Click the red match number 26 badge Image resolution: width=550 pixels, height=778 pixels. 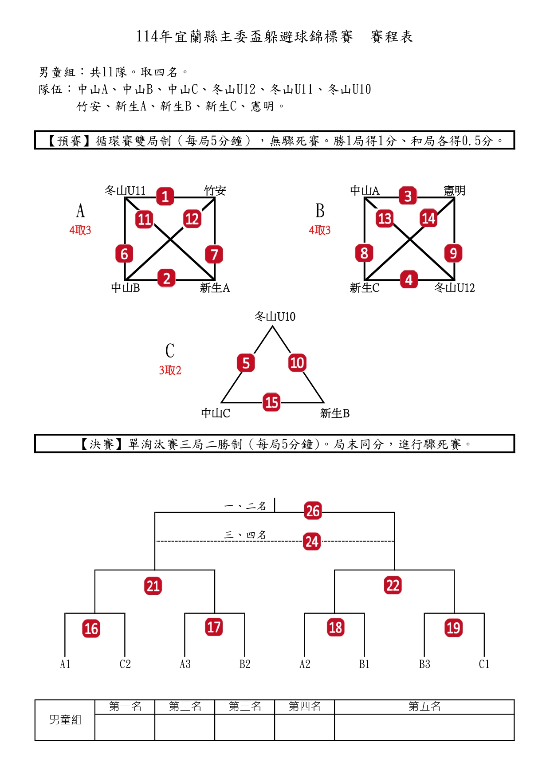(313, 511)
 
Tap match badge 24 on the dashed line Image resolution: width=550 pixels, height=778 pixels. (312, 542)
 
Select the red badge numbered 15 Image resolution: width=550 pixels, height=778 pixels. (271, 402)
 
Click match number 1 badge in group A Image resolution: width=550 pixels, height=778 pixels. (165, 196)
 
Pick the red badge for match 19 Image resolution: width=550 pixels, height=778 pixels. (453, 628)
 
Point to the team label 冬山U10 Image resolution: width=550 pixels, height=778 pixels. (275, 317)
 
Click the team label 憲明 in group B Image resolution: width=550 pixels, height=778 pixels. (455, 191)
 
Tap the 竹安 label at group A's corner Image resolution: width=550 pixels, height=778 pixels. (215, 191)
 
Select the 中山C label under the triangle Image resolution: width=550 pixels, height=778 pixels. (216, 413)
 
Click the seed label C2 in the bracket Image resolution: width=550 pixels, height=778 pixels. (125, 664)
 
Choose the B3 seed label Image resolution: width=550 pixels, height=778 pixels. (424, 664)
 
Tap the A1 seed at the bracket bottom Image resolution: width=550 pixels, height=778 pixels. (65, 664)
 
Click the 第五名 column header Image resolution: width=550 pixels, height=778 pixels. (424, 707)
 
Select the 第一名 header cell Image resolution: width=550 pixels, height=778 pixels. (125, 707)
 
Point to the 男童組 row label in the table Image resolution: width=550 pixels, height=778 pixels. (65, 720)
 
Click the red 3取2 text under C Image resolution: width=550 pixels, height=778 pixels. (170, 370)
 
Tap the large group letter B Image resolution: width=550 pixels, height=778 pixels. (320, 211)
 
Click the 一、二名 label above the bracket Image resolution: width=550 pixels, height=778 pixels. (245, 506)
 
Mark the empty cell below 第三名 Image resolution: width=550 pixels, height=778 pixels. (245, 727)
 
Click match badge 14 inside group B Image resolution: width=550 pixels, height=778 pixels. (428, 218)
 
